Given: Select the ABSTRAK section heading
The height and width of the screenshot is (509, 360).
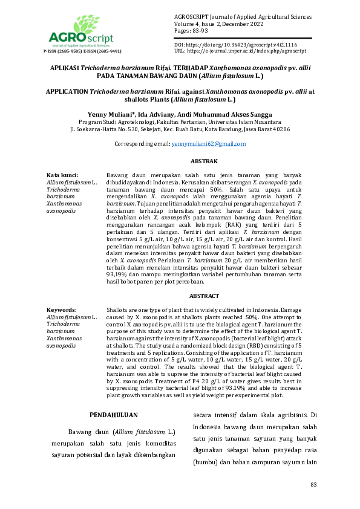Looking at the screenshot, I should (204, 162).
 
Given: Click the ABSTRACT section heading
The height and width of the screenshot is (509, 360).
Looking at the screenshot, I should (204, 296).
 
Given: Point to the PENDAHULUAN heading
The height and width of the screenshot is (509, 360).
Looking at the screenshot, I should (113, 415).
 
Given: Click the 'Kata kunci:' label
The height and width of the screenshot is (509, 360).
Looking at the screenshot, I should (62, 175).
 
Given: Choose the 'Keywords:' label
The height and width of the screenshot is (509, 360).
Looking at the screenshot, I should (62, 309).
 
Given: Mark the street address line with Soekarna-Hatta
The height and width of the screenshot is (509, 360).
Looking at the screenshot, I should (180, 129).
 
